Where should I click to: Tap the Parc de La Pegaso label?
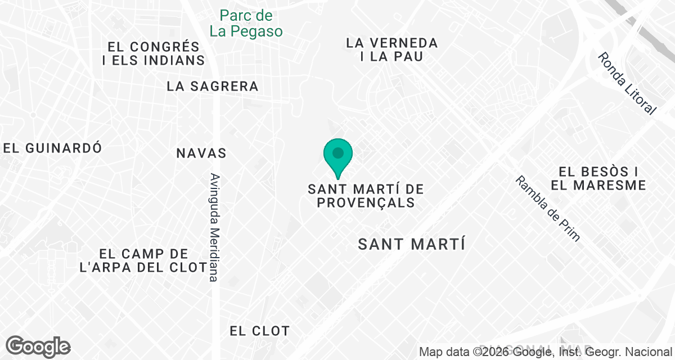click(x=246, y=23)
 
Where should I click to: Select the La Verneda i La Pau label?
click(x=391, y=49)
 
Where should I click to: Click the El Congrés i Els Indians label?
click(x=154, y=53)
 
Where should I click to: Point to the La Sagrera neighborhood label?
click(x=213, y=86)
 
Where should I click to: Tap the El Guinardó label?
click(x=52, y=148)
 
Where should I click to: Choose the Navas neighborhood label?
click(x=201, y=153)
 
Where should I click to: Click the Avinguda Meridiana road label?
click(x=214, y=227)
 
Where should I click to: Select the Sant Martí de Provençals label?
click(x=366, y=196)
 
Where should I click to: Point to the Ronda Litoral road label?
click(x=627, y=83)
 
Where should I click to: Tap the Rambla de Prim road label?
click(x=548, y=208)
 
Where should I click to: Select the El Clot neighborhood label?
click(x=259, y=331)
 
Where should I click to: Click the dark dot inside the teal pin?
click(x=338, y=152)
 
